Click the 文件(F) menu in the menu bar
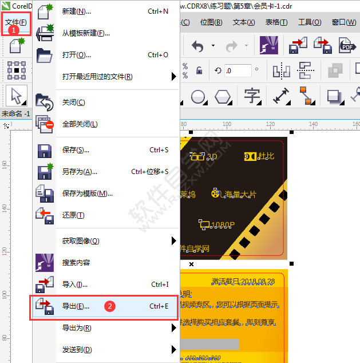(x=15, y=22)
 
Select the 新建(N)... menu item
(x=76, y=11)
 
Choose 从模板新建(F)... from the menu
(x=86, y=33)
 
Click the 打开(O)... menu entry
(x=76, y=55)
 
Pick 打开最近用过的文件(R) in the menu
(x=97, y=77)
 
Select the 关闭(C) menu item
(x=73, y=102)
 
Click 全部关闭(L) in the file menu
(x=80, y=124)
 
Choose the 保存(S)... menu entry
(x=76, y=150)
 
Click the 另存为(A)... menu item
(x=80, y=172)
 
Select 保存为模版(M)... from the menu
(x=87, y=194)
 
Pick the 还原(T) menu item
(x=73, y=215)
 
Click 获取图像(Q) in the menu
(x=80, y=241)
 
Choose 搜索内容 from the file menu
(x=76, y=263)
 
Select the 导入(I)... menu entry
(x=74, y=285)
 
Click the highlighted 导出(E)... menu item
(x=76, y=306)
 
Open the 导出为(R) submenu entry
(x=77, y=328)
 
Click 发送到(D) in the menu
(x=77, y=350)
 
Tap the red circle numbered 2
(x=110, y=306)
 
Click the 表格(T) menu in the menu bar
(x=276, y=22)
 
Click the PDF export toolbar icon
(x=347, y=45)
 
